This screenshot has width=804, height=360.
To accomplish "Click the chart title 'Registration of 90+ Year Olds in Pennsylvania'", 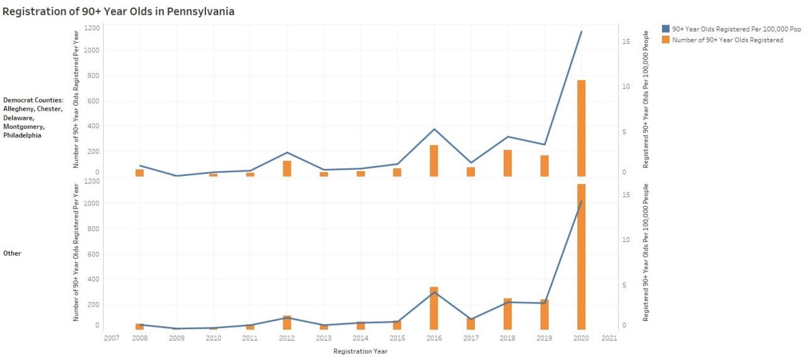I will pyautogui.click(x=119, y=11).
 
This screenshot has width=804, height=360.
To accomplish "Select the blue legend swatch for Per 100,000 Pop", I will pyautogui.click(x=666, y=29).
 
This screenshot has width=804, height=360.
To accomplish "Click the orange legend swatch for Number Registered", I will pyautogui.click(x=666, y=40).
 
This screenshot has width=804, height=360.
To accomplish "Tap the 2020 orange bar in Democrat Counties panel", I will pyautogui.click(x=581, y=128).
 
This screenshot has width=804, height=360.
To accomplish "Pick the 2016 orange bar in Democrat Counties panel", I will pyautogui.click(x=433, y=161).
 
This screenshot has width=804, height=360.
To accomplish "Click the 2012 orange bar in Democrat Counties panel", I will pyautogui.click(x=286, y=168).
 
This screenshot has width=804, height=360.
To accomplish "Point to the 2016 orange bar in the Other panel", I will pyautogui.click(x=433, y=308).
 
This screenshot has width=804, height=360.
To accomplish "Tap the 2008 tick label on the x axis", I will pyautogui.click(x=139, y=338).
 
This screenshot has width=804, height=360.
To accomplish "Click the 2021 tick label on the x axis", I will pyautogui.click(x=609, y=338).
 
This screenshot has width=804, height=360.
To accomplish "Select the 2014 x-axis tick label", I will pyautogui.click(x=360, y=338).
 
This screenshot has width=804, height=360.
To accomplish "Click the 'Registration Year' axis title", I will pyautogui.click(x=360, y=351).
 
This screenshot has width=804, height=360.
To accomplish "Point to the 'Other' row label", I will pyautogui.click(x=12, y=253).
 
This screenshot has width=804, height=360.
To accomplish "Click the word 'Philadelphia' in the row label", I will pyautogui.click(x=22, y=135).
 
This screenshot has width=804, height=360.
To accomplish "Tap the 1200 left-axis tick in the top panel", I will pyautogui.click(x=91, y=28).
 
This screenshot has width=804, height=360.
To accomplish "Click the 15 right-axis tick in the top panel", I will pyautogui.click(x=626, y=41).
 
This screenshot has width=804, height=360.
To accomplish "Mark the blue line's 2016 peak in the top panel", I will pyautogui.click(x=433, y=129).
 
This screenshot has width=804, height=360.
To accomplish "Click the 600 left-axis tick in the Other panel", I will pyautogui.click(x=93, y=254).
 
